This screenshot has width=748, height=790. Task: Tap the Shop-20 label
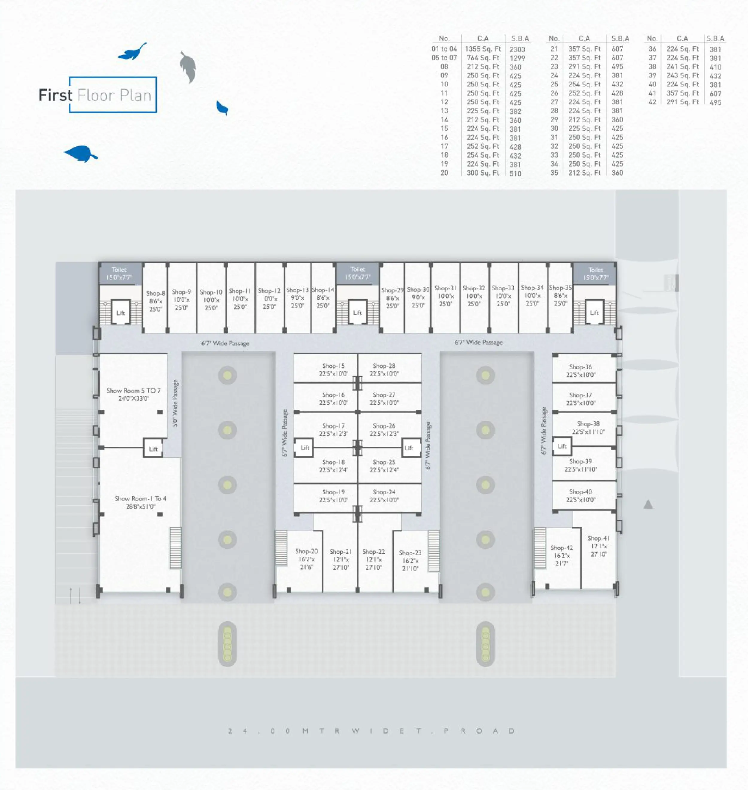point(306,551)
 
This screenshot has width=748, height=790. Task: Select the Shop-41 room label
point(598,538)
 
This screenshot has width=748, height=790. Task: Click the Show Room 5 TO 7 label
point(133,391)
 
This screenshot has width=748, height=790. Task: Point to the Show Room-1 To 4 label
point(140,499)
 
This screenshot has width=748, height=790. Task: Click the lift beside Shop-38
point(562,446)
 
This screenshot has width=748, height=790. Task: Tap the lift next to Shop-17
point(305,448)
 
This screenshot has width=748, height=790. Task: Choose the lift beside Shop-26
point(409,448)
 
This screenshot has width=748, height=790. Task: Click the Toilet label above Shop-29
point(358,270)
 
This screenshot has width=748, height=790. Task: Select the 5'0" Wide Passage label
point(175,403)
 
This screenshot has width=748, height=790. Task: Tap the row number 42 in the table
point(652,102)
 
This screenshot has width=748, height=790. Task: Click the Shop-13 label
point(297,290)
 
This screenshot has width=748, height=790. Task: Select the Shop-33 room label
point(503,288)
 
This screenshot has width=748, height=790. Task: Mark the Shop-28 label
point(384,366)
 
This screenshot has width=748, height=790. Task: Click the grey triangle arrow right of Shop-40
point(648,504)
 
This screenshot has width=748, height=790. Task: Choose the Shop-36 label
point(580,367)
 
